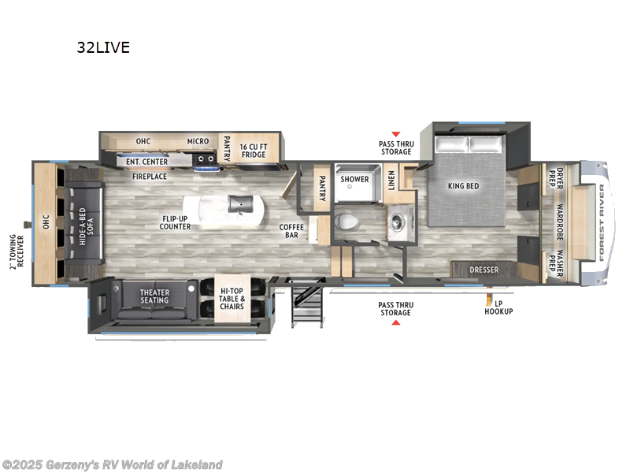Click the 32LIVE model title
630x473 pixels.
tap(103, 47)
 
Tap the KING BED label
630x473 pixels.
tap(464, 186)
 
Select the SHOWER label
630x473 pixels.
tap(354, 179)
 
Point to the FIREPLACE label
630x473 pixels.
tap(149, 177)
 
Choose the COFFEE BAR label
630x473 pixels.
tap(291, 232)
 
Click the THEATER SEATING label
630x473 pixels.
tap(154, 296)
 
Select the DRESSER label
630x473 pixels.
tap(484, 270)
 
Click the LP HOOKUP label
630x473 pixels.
tap(498, 307)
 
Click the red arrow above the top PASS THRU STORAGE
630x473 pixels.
tap(395, 135)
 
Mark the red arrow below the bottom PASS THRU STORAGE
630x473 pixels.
tap(395, 323)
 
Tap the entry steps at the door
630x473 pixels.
tap(303, 303)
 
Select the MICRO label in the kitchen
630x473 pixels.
tap(198, 142)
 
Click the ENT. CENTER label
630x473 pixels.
tap(143, 161)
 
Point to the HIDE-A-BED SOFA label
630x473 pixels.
tap(86, 225)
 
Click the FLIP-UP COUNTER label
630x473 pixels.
tap(175, 222)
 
